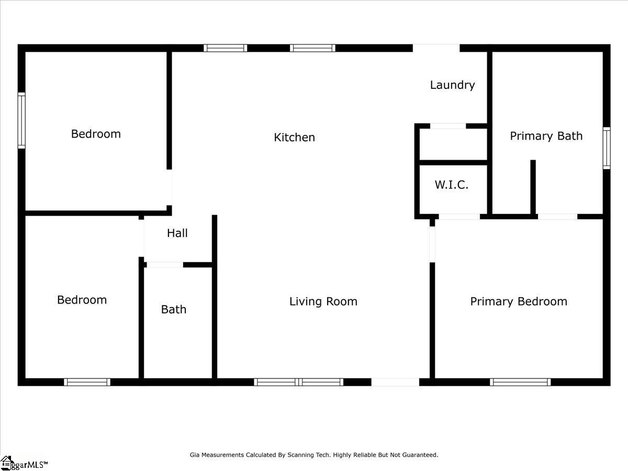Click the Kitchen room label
295,138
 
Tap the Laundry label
452,85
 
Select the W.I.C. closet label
452,185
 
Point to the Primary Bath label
546,136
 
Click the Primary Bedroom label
519,302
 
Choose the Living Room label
323,302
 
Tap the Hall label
177,233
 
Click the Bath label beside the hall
174,309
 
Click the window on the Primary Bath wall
607,148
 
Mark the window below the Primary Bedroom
520,382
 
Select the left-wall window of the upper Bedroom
21,120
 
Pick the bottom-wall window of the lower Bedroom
87,382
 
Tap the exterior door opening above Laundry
436,48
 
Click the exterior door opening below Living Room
396,382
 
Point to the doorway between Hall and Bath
165,265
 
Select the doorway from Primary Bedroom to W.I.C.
459,217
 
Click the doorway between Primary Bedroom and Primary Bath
558,217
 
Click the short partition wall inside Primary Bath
533,187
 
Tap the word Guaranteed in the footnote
420,455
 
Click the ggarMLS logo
24,464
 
